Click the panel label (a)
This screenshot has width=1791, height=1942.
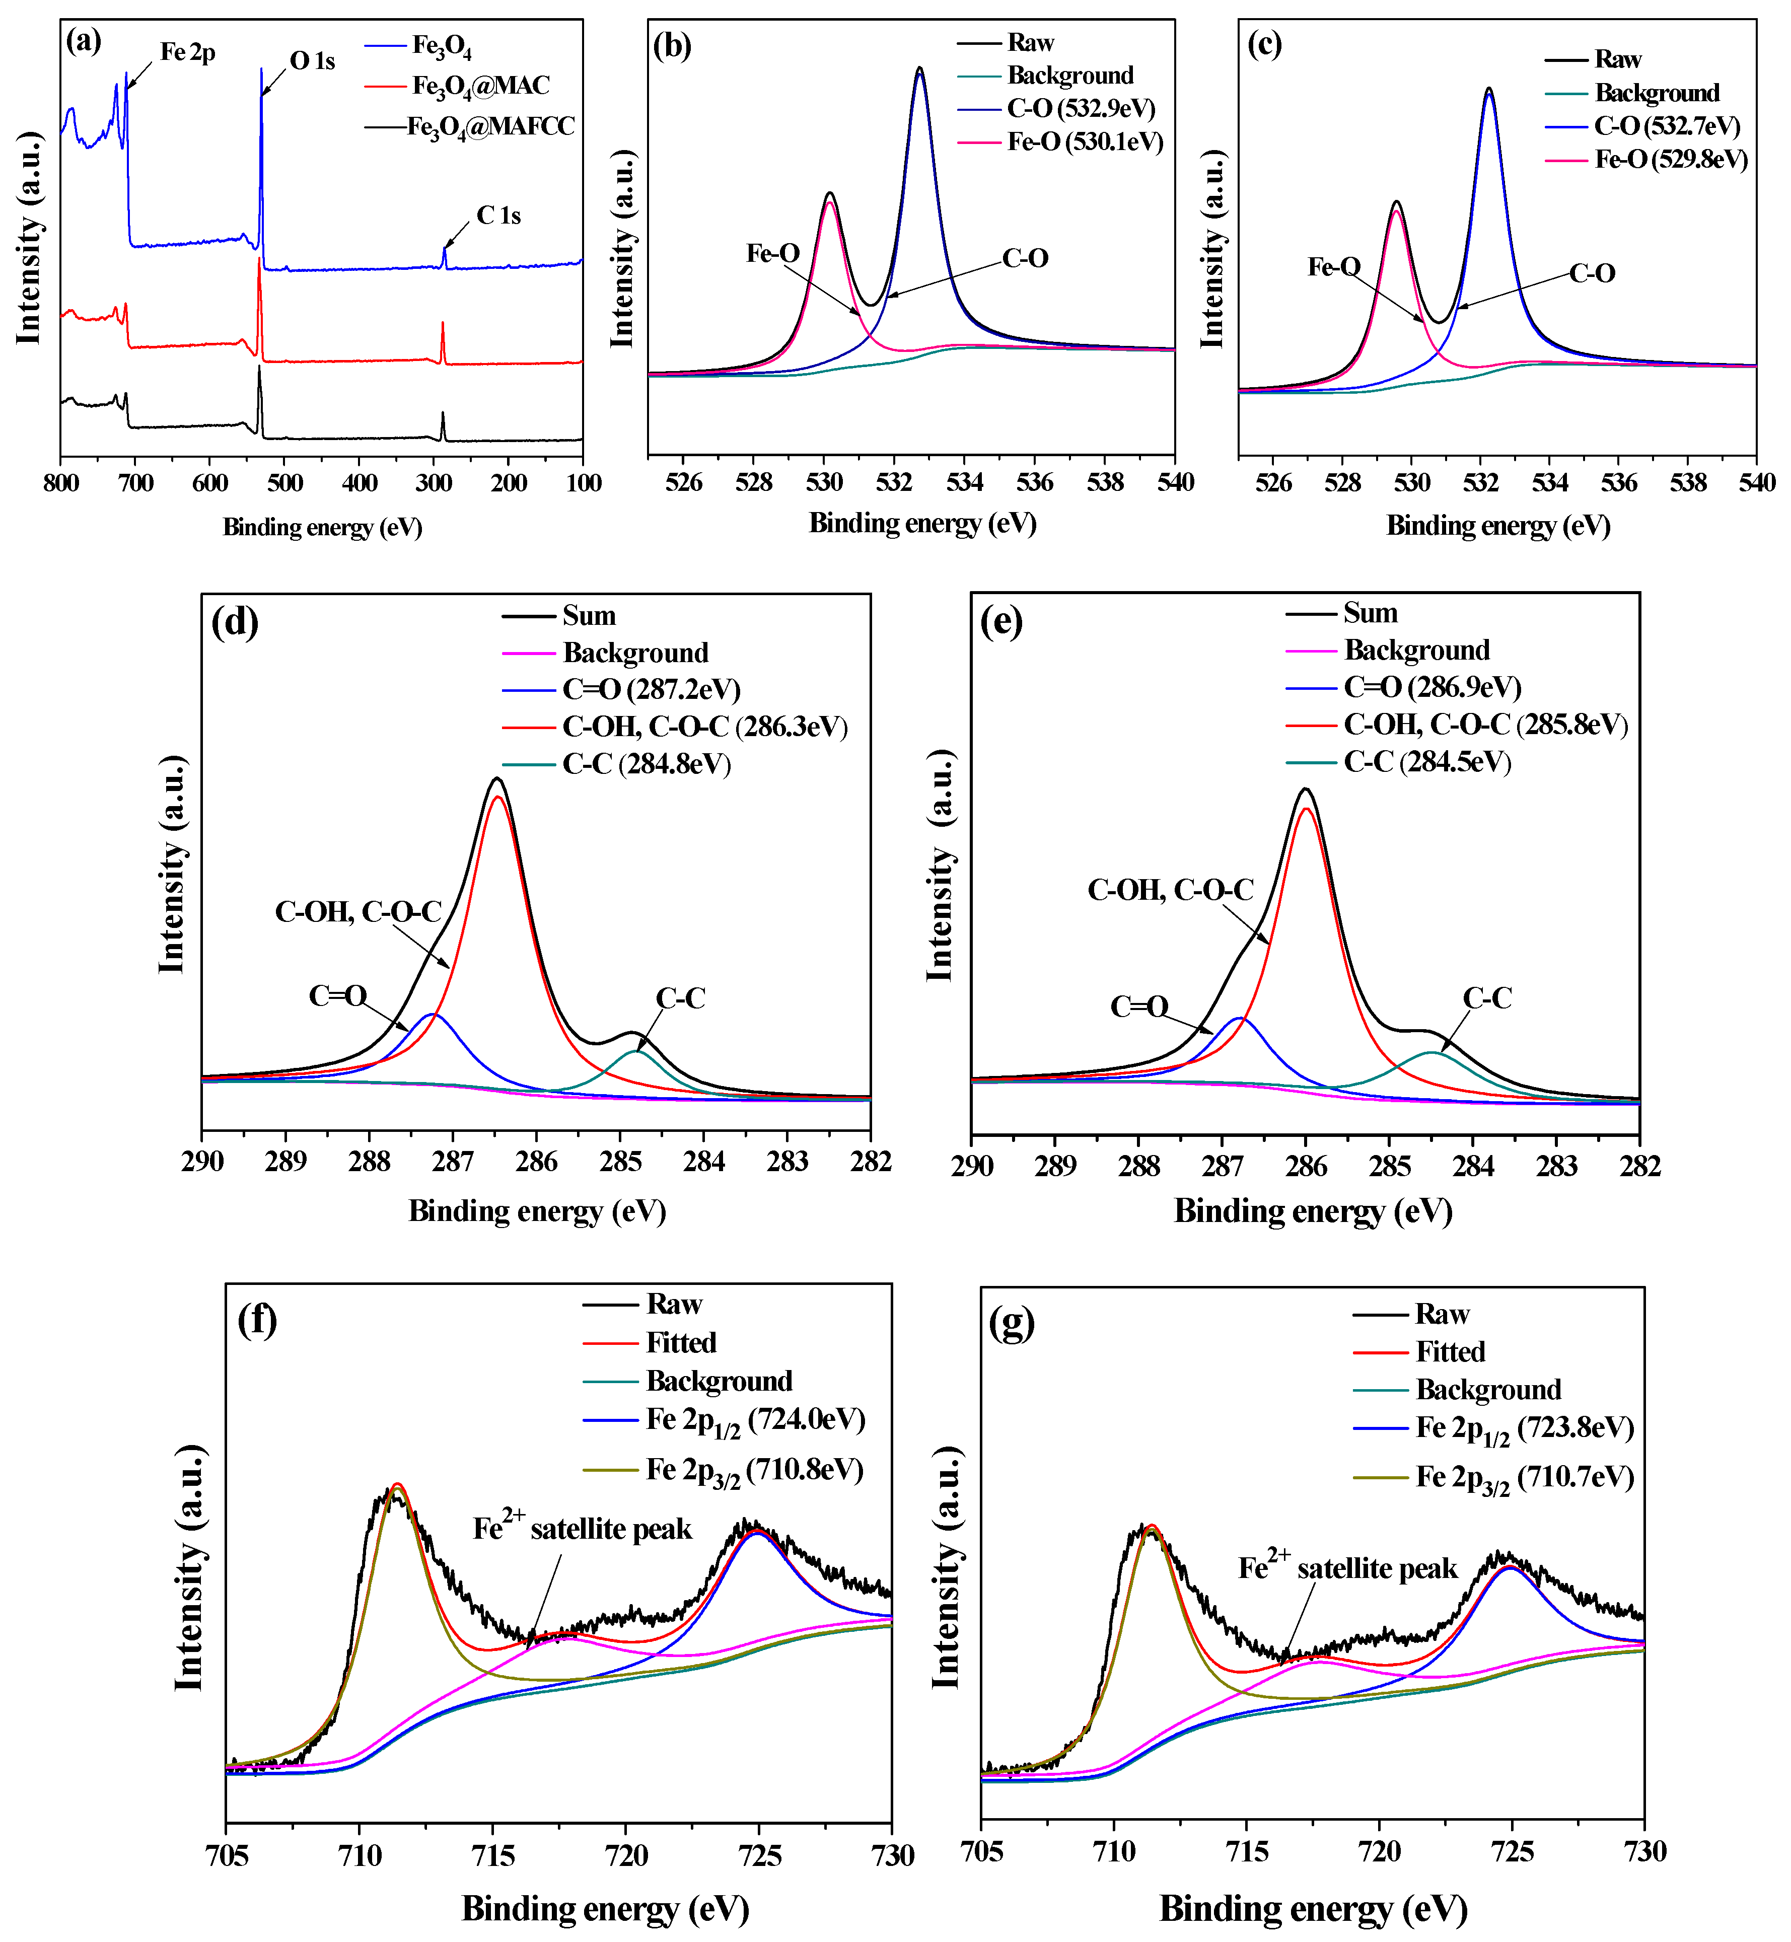click(84, 42)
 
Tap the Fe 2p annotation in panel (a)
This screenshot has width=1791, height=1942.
click(187, 52)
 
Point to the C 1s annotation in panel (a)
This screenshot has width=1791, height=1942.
click(498, 215)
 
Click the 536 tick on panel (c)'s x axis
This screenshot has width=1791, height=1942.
click(1618, 482)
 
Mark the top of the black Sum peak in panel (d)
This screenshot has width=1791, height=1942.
click(497, 778)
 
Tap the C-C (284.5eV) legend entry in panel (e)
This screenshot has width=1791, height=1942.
click(1426, 762)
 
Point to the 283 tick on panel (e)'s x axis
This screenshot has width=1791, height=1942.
click(1556, 1166)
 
